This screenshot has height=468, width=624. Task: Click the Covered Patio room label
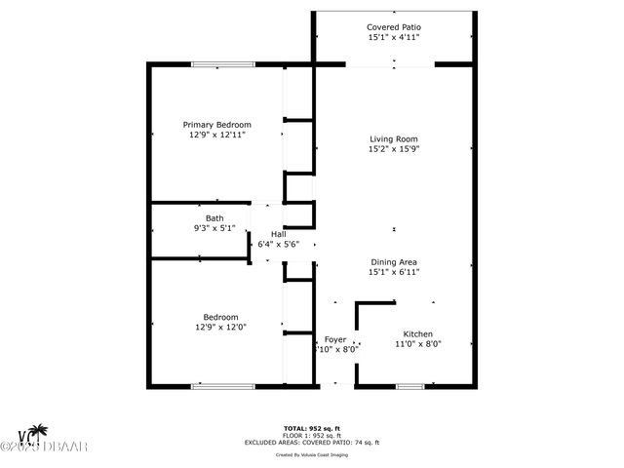pyautogui.click(x=394, y=27)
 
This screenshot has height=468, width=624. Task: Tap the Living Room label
pyautogui.click(x=394, y=138)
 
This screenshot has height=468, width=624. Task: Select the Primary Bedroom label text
pyautogui.click(x=218, y=125)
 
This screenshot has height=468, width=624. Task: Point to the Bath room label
pyautogui.click(x=214, y=217)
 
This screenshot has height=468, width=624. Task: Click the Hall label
pyautogui.click(x=278, y=235)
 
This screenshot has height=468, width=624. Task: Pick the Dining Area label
pyautogui.click(x=394, y=261)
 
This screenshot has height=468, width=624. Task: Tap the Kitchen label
pyautogui.click(x=418, y=334)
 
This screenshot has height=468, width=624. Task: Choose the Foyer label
pyautogui.click(x=335, y=339)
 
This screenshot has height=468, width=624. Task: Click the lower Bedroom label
pyautogui.click(x=220, y=317)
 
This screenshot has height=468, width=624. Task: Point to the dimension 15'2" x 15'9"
pyautogui.click(x=394, y=149)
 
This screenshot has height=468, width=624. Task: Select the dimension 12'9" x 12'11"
pyautogui.click(x=218, y=136)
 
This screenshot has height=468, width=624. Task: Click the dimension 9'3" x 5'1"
pyautogui.click(x=214, y=228)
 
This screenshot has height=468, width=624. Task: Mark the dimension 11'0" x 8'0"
pyautogui.click(x=418, y=344)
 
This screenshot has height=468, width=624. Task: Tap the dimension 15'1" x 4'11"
pyautogui.click(x=394, y=38)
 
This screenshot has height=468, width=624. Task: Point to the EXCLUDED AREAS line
pyautogui.click(x=313, y=443)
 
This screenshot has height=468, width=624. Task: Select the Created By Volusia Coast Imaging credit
pyautogui.click(x=313, y=454)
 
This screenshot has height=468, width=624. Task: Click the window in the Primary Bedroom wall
pyautogui.click(x=217, y=65)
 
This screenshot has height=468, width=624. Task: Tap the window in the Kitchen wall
pyautogui.click(x=410, y=386)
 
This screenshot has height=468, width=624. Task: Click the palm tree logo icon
pyautogui.click(x=38, y=432)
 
